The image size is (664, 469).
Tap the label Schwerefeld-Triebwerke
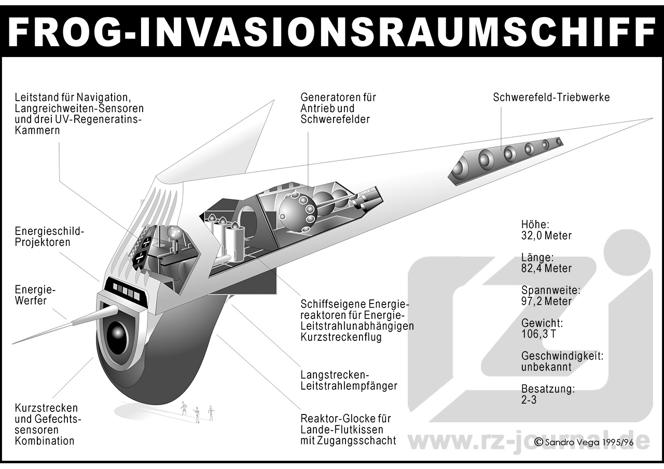tap(551, 97)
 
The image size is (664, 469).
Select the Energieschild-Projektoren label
tap(49, 237)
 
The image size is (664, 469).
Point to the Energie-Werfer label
tap(35, 295)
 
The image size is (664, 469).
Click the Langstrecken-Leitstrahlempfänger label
tap(349, 380)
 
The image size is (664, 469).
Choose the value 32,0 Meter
tap(546, 236)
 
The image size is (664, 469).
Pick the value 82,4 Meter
tap(546, 268)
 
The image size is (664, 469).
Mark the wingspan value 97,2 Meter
tap(546, 301)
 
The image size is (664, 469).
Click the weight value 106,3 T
tap(538, 334)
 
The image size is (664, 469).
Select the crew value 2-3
tap(529, 400)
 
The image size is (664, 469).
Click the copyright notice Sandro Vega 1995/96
tap(584, 443)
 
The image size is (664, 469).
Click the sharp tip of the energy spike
tap(12, 344)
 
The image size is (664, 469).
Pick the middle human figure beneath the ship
tap(196, 415)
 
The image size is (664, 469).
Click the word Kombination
tap(45, 441)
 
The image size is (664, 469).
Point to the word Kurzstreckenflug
tap(341, 337)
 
